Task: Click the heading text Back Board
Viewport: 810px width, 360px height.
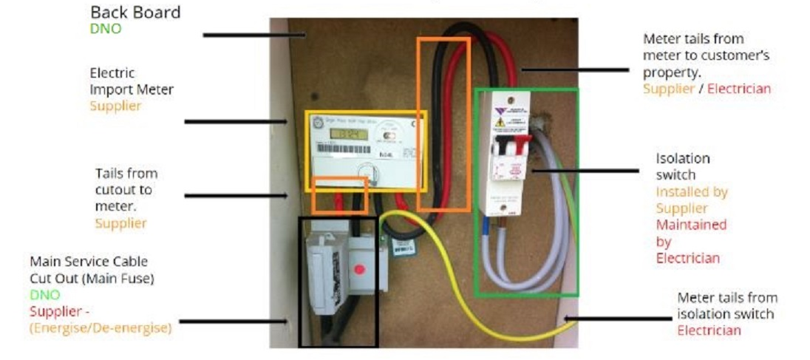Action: [135, 13]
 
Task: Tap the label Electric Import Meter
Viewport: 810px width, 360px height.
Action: [132, 81]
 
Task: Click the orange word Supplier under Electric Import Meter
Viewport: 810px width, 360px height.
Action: [115, 106]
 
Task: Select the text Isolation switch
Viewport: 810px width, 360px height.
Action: [682, 166]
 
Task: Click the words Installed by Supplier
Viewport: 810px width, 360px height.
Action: [692, 200]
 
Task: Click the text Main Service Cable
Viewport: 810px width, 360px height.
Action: [88, 262]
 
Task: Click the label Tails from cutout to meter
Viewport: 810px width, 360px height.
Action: [126, 189]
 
